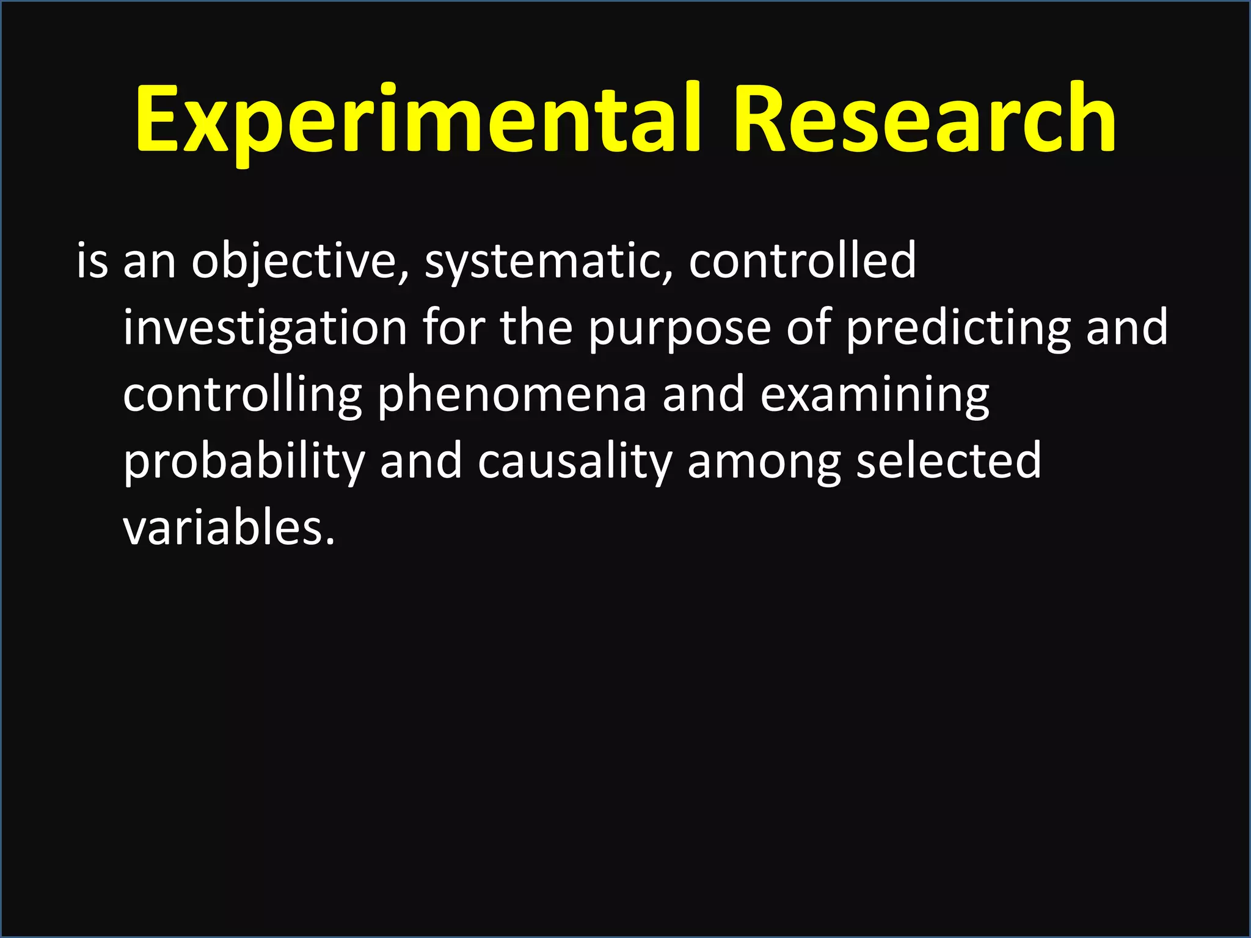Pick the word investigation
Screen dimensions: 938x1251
pyautogui.click(x=265, y=329)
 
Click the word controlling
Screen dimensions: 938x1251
pyautogui.click(x=243, y=396)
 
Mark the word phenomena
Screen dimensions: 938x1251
pyautogui.click(x=512, y=394)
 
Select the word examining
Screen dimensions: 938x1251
pyautogui.click(x=875, y=396)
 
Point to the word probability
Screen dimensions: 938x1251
pyautogui.click(x=244, y=462)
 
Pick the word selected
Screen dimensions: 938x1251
pyautogui.click(x=949, y=461)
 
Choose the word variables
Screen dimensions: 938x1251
pyautogui.click(x=222, y=528)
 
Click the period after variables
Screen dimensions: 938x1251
pyautogui.click(x=330, y=541)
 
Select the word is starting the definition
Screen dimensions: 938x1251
pyautogui.click(x=92, y=261)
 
